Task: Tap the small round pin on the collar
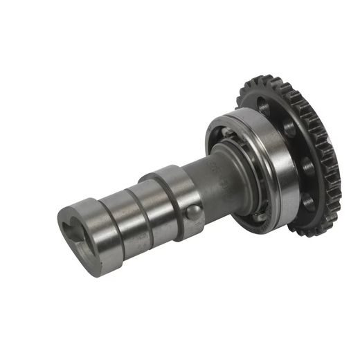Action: point(195,211)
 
